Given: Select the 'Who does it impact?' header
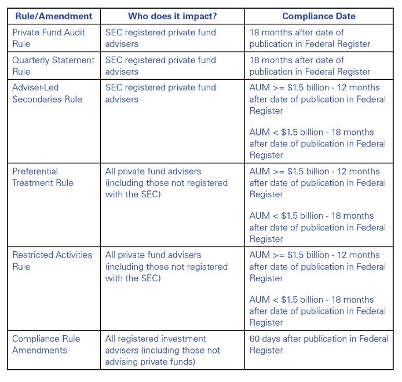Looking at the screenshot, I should [x=172, y=16].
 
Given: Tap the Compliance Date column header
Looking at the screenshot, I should [x=319, y=16].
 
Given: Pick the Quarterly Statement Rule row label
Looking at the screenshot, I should [x=53, y=65].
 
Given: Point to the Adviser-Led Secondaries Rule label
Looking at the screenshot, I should [x=47, y=93].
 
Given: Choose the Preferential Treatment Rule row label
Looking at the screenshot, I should [x=43, y=177].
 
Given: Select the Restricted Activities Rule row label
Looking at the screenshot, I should [x=52, y=260].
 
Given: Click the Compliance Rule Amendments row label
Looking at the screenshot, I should [x=46, y=344].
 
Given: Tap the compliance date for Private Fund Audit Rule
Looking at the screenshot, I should [x=310, y=38].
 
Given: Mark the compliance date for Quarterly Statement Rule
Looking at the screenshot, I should [x=310, y=65].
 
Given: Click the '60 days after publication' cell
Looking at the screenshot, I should [x=319, y=344].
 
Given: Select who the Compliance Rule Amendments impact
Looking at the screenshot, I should [x=163, y=350].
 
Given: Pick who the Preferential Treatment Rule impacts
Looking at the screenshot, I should [x=166, y=183].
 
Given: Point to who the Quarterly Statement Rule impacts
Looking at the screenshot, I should [x=160, y=65].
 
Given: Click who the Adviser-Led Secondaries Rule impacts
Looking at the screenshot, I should [x=160, y=93].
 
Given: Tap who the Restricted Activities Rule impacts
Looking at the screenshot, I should [x=166, y=266].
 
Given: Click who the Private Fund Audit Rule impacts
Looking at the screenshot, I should [x=160, y=38].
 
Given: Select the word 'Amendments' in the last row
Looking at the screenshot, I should [x=39, y=350].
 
